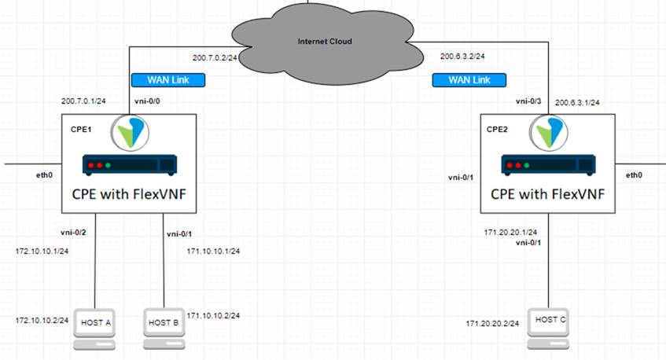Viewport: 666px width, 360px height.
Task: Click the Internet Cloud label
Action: coord(325,41)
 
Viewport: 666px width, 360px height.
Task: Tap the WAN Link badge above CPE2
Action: coord(469,79)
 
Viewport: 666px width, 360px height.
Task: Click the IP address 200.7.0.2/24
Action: coord(217,57)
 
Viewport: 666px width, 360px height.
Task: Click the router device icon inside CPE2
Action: coord(546,165)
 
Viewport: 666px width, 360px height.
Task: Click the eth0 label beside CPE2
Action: coord(634,175)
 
